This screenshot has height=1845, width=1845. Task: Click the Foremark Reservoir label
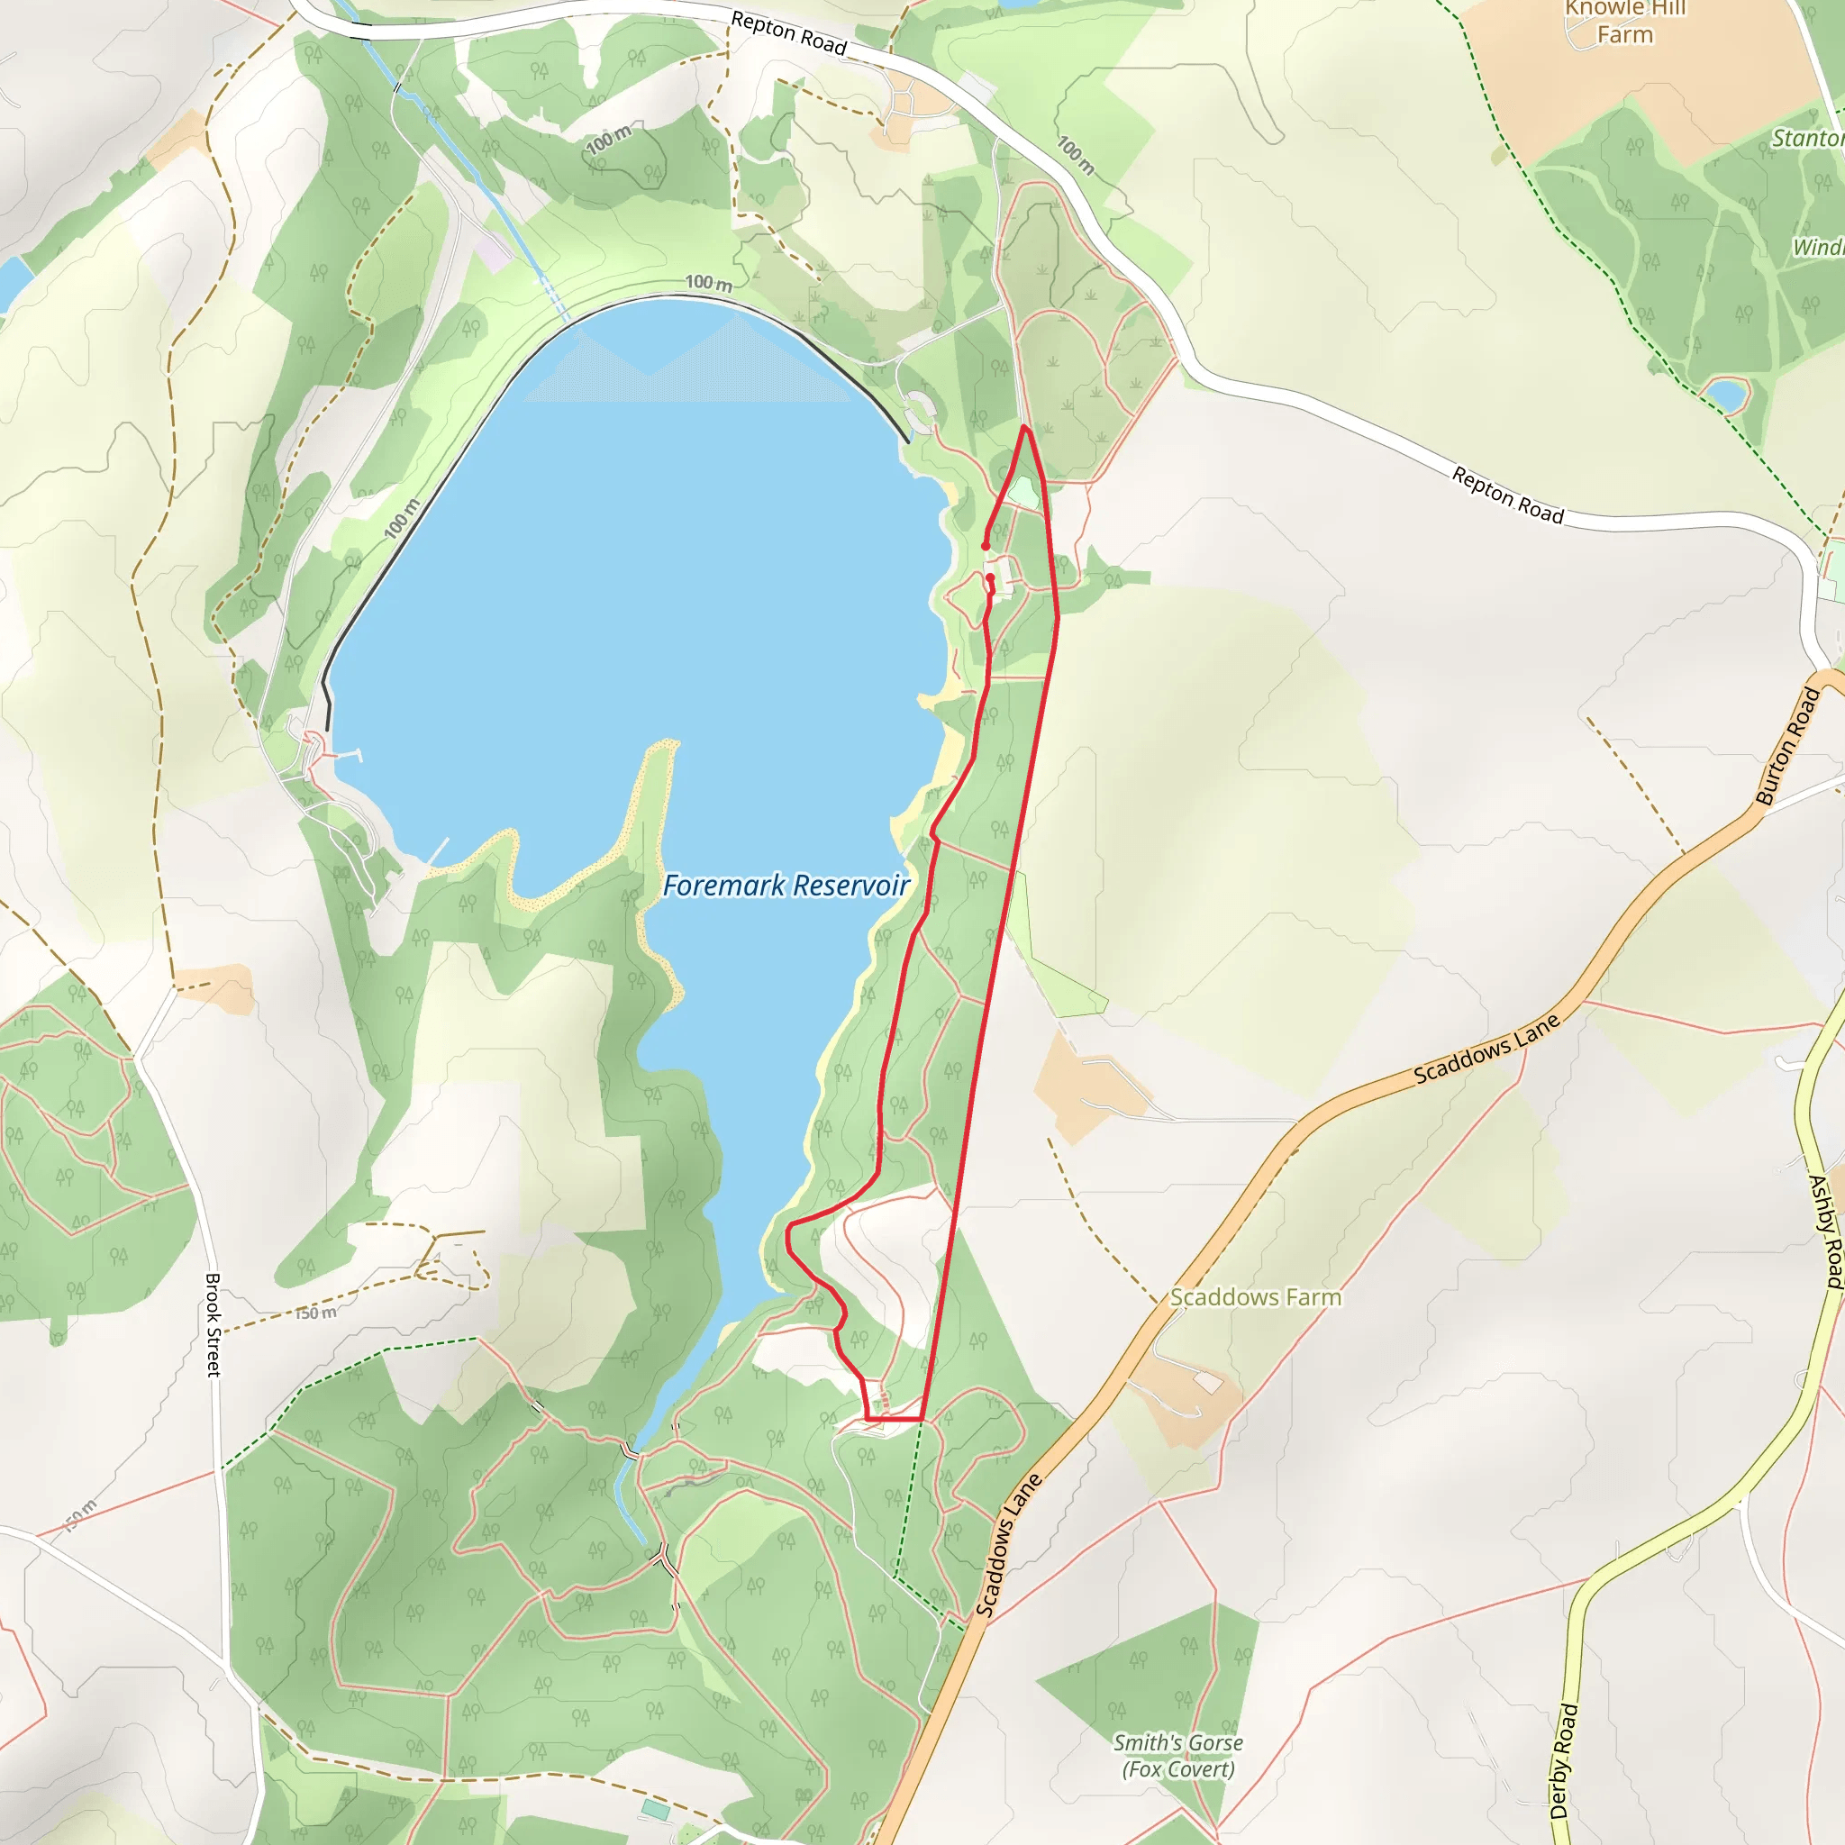[785, 886]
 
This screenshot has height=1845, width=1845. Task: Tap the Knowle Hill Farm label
[1624, 22]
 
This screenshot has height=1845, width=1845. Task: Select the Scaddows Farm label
[1255, 1297]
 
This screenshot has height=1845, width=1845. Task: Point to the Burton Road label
[1787, 746]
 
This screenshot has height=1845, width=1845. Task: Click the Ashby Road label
[1825, 1231]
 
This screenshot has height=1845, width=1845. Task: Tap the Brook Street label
[213, 1324]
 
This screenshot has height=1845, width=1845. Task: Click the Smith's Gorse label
[1177, 1743]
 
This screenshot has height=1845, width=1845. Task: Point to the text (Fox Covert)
[1177, 1769]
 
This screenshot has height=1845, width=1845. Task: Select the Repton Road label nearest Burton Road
[1507, 495]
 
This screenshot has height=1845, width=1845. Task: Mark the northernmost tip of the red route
[1024, 427]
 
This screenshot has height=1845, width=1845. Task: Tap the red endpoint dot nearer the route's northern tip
[986, 546]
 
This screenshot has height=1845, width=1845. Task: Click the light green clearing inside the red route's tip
[1022, 493]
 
